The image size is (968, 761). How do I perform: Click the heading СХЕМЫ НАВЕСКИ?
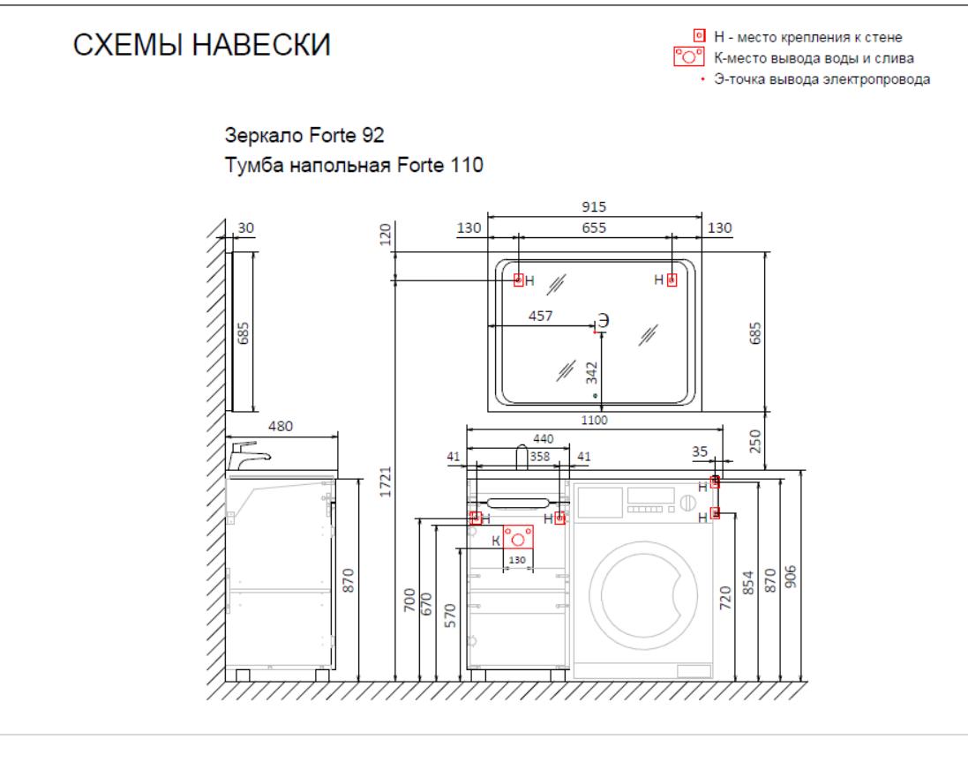[202, 45]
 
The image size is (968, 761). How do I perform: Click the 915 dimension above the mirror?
[594, 206]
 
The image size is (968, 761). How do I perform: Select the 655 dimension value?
[594, 228]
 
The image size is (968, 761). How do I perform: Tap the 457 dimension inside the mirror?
[540, 316]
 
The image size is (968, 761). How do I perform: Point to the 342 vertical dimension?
[592, 373]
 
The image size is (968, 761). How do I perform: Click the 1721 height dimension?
[386, 481]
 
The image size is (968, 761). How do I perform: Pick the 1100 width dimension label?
[594, 420]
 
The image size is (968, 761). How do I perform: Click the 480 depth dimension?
[281, 426]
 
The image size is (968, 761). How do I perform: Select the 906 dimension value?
[791, 576]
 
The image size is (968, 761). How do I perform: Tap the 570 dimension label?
[451, 616]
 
